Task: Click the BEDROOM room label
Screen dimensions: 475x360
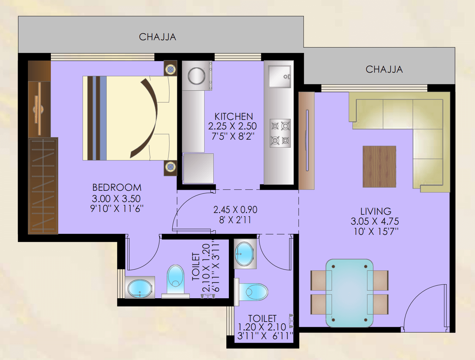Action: tap(117, 188)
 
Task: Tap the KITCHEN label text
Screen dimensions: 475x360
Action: tap(234, 117)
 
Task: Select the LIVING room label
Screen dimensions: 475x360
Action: tap(376, 211)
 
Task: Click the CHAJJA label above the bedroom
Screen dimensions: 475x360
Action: tap(158, 37)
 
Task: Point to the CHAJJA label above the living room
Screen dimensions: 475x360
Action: tap(384, 69)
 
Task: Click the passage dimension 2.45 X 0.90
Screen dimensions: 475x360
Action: tap(235, 210)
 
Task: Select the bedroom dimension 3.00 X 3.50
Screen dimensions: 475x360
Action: tap(116, 199)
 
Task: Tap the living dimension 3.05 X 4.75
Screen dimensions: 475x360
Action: tap(375, 221)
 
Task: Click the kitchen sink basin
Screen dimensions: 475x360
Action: tap(279, 77)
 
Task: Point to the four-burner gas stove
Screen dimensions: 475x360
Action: tap(280, 133)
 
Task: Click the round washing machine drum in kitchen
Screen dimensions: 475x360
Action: tap(196, 76)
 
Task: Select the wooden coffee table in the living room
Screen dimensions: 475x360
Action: tap(379, 166)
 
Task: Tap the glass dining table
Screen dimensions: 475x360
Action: tap(350, 293)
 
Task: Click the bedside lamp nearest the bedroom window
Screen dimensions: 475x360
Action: tap(170, 69)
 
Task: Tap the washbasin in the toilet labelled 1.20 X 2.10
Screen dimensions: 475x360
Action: tap(244, 254)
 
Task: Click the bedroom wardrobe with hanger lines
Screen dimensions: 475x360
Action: tap(43, 186)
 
